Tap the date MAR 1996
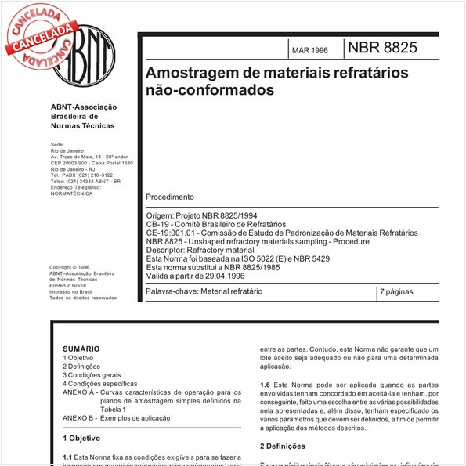click(310, 50)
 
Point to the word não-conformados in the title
click(211, 90)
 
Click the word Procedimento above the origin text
click(170, 197)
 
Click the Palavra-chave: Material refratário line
click(204, 291)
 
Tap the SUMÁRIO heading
click(81, 349)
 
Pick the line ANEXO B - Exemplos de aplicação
click(116, 418)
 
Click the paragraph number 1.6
click(265, 385)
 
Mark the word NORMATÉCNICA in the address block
click(71, 193)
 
